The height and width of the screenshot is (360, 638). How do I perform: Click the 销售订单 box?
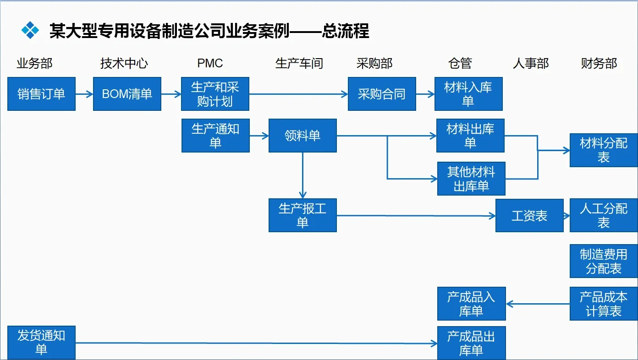(41, 94)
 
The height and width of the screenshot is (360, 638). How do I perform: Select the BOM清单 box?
(127, 94)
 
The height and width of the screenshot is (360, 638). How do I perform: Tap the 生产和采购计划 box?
(215, 94)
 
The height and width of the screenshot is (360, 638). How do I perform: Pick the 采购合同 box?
(382, 94)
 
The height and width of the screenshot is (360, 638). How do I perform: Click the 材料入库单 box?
(468, 94)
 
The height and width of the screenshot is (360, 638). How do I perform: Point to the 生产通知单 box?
(215, 136)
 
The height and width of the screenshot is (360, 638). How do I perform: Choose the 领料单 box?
(302, 136)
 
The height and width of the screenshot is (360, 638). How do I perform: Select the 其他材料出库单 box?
(471, 179)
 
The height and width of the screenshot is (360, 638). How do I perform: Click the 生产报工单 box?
(302, 215)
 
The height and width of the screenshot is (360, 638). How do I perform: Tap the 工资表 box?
(529, 215)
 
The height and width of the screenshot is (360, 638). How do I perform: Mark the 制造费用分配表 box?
(604, 261)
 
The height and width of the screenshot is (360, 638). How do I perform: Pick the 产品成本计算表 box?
(604, 304)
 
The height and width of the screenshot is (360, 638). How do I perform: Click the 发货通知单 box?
(41, 343)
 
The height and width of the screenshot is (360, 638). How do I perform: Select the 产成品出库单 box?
(471, 343)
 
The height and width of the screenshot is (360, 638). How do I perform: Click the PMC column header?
(210, 63)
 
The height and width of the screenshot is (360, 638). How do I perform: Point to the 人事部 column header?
(531, 63)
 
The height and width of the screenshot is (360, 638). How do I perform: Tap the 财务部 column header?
(599, 63)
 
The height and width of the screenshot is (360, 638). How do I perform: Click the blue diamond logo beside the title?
(30, 30)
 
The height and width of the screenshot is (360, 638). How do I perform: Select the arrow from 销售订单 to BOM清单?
(84, 94)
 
